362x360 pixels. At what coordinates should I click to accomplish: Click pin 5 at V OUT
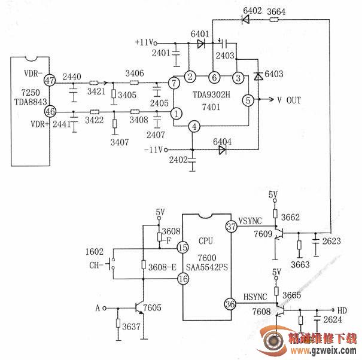(248, 100)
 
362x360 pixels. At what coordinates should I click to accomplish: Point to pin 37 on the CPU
(231, 227)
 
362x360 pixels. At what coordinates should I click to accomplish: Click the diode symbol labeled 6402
(247, 19)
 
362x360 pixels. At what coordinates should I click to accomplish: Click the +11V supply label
(144, 43)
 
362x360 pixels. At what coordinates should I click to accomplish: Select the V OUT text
(289, 100)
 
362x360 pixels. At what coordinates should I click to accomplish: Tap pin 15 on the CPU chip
(182, 247)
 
